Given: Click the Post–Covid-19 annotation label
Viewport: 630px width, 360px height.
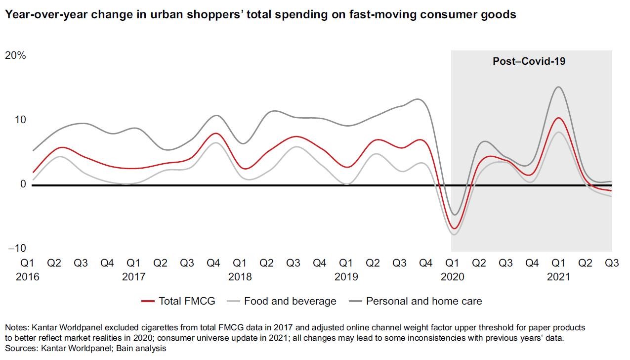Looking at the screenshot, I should (529, 62).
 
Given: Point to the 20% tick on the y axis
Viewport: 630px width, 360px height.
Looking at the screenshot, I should (15, 55).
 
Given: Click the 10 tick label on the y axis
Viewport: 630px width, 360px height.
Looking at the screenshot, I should (21, 120).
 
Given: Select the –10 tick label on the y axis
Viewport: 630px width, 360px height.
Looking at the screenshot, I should (17, 248).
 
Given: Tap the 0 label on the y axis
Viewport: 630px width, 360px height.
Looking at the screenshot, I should (23, 184).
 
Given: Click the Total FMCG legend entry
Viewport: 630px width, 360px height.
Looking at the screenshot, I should (178, 301).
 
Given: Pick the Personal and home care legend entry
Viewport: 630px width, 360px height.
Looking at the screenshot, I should (416, 301).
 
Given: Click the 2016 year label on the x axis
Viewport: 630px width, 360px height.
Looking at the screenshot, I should (27, 277).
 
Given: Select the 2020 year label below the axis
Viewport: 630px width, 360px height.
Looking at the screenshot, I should (452, 277).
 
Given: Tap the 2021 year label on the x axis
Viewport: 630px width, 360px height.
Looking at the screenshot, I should (558, 277).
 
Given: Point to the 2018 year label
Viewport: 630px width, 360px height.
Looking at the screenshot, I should (240, 277).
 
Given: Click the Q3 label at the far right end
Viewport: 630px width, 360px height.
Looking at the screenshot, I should (612, 263).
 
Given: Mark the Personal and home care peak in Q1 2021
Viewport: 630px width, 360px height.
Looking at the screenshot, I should (558, 87).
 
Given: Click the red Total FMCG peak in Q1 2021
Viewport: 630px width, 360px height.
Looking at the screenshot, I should (558, 118).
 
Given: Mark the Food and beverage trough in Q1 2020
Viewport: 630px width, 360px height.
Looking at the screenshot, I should (454, 234).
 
